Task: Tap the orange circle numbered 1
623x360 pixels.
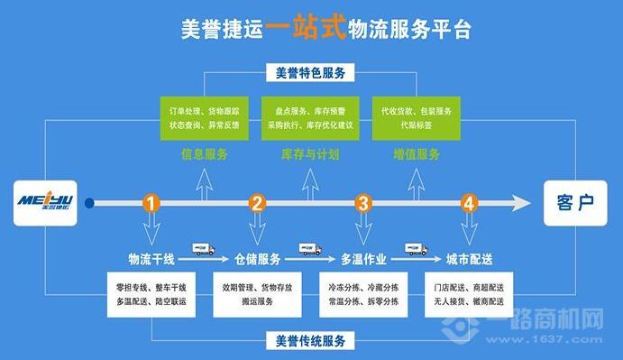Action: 151,203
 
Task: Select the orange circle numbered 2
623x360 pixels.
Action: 258,203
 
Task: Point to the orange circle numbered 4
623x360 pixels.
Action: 469,203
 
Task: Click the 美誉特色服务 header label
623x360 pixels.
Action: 311,71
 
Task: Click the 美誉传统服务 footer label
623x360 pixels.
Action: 311,342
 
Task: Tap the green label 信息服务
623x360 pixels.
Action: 204,154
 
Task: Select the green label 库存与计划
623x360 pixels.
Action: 311,154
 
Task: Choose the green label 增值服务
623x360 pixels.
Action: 417,154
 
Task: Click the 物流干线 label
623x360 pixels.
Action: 151,260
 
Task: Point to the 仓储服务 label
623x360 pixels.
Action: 258,260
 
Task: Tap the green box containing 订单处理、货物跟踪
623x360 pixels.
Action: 204,116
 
